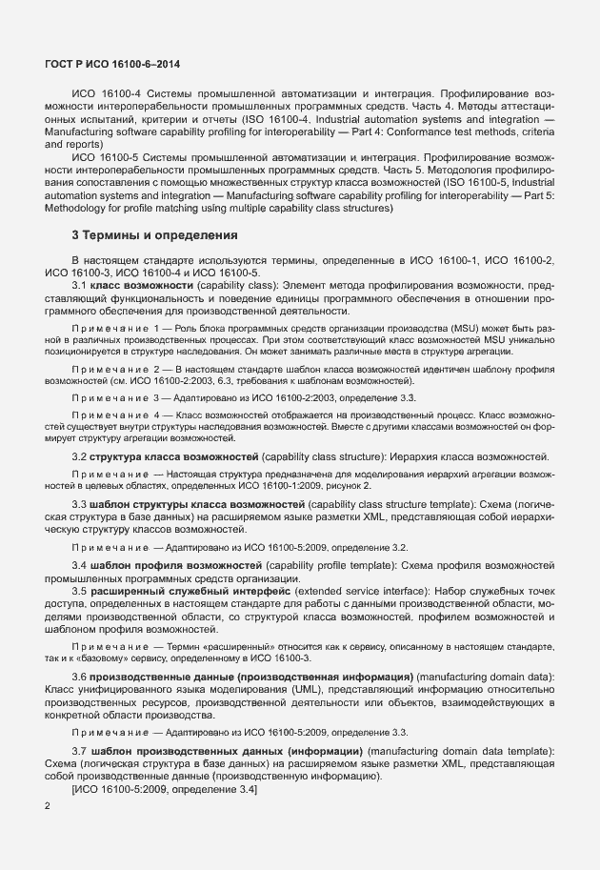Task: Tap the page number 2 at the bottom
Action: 48,806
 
